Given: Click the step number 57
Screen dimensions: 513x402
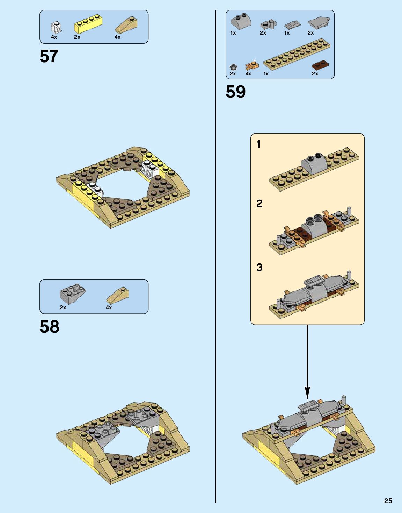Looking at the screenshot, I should click(x=49, y=56).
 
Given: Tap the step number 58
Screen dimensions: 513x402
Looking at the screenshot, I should click(x=49, y=327).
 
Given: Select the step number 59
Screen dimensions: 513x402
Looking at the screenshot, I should click(x=235, y=92).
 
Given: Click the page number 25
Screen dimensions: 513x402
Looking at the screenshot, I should click(x=388, y=501).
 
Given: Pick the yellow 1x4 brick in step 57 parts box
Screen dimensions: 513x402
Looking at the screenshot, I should click(x=88, y=24).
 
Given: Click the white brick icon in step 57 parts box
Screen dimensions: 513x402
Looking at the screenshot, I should click(x=56, y=27).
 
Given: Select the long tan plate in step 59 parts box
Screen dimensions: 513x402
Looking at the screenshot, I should click(x=297, y=54).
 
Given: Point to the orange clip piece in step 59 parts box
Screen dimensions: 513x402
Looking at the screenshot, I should click(x=251, y=65).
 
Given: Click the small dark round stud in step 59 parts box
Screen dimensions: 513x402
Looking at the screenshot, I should click(x=233, y=67).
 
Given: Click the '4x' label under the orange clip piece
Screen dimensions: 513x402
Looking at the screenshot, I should click(x=248, y=74).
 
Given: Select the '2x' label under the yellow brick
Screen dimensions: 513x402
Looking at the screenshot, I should click(x=77, y=37).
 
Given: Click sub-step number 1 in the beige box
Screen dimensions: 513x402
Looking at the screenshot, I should click(x=258, y=144).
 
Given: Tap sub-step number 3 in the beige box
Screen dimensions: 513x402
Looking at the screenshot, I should click(x=259, y=267).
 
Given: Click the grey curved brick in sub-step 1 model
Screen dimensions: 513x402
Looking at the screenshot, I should click(x=314, y=163).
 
